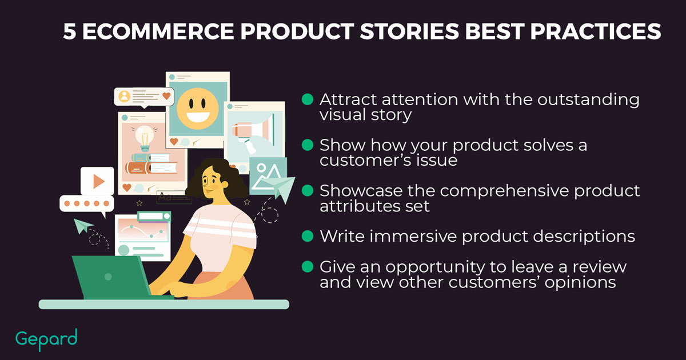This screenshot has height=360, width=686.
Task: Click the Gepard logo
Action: tap(46, 339)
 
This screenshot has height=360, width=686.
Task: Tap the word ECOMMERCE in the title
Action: tap(158, 31)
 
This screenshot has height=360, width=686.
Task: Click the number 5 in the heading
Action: tap(70, 31)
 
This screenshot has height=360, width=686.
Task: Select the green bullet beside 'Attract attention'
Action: tap(307, 99)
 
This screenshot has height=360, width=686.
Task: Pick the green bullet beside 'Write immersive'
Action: tap(307, 236)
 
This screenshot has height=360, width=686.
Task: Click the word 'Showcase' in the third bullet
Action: tap(361, 191)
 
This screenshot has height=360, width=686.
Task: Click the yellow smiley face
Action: tap(198, 109)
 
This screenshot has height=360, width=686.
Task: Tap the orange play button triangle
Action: tap(98, 181)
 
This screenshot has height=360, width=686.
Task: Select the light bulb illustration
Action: tap(144, 138)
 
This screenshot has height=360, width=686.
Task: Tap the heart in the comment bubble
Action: tap(166, 96)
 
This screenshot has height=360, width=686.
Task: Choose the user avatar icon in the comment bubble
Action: tap(125, 96)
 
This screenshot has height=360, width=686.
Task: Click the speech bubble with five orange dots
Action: tap(87, 204)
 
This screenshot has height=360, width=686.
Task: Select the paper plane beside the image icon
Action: tap(279, 187)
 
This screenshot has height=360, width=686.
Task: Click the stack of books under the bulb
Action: tap(151, 163)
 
